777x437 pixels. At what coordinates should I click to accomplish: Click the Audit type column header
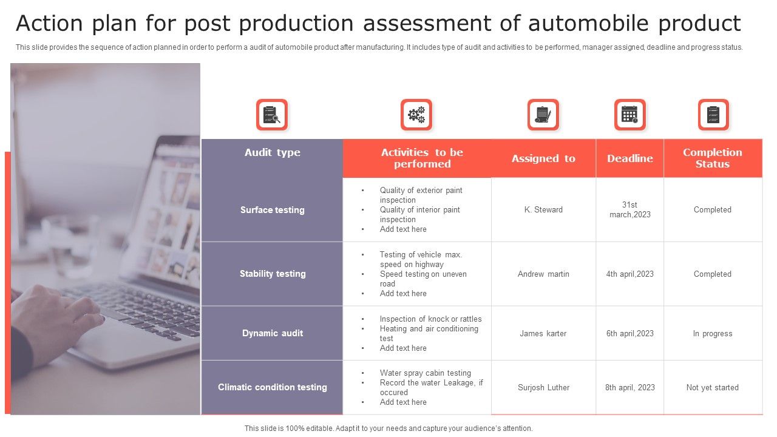272,152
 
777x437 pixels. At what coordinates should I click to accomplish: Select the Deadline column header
629,158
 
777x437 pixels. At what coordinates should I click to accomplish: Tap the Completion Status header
712,158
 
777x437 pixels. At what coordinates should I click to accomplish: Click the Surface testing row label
272,210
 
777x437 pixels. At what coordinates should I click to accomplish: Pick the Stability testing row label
272,274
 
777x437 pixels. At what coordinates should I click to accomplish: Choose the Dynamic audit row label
272,333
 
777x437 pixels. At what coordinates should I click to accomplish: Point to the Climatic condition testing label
272,387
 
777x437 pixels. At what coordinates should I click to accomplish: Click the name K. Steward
543,210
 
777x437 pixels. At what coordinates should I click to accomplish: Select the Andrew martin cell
543,274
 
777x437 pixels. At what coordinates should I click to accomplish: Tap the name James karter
543,334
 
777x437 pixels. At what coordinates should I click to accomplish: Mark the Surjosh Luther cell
543,388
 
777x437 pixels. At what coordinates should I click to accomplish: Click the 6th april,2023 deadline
629,334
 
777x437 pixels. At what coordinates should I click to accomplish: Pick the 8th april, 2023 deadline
629,388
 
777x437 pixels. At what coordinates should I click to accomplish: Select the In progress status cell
712,334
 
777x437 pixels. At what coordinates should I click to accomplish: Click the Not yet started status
712,388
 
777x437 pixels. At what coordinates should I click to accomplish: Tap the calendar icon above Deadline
629,115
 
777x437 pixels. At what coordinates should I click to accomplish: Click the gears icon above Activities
416,115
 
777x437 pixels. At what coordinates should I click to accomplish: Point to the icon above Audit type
271,115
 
